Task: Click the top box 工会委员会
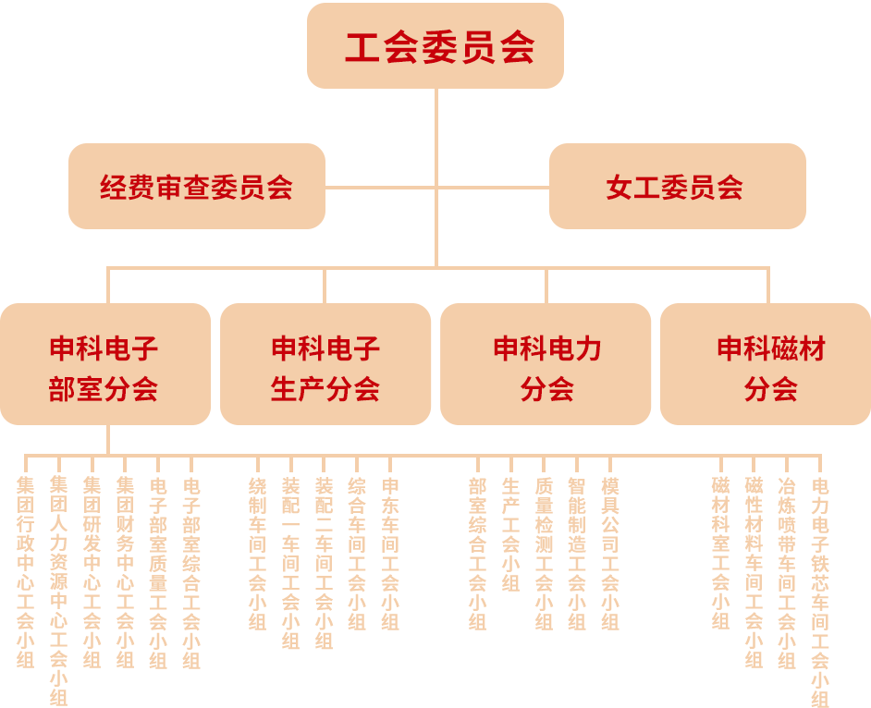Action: (x=435, y=46)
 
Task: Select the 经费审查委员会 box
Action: (x=196, y=187)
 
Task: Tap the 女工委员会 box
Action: (x=677, y=187)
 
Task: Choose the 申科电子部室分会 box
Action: (x=104, y=366)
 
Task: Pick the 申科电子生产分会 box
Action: (x=325, y=366)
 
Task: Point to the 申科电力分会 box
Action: (x=546, y=366)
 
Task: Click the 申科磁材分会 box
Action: (x=769, y=366)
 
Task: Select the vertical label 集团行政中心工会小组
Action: (x=25, y=571)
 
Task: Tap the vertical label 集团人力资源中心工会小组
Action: (x=58, y=590)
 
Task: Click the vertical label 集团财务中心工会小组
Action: (x=125, y=571)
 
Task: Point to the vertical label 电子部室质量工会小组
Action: (x=158, y=571)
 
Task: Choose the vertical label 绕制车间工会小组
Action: (x=258, y=553)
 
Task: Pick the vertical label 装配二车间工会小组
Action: (x=324, y=562)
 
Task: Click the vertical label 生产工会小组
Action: (x=510, y=534)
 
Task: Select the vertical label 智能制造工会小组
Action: (x=576, y=553)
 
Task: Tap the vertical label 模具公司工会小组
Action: (x=609, y=553)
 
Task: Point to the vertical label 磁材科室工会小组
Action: (x=720, y=553)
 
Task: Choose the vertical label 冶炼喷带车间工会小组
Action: (x=787, y=571)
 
